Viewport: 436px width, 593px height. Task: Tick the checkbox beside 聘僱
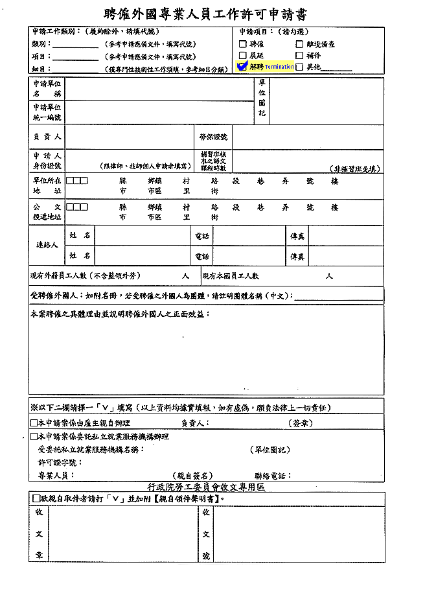pyautogui.click(x=244, y=44)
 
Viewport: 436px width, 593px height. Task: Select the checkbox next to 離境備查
pyautogui.click(x=299, y=44)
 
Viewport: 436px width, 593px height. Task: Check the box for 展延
pyautogui.click(x=244, y=56)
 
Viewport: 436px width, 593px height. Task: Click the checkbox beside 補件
pyautogui.click(x=299, y=56)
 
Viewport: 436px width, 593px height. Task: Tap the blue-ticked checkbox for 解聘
pyautogui.click(x=243, y=66)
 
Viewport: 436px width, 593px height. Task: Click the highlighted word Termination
pyautogui.click(x=279, y=67)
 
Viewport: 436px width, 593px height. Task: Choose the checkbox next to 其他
pyautogui.click(x=299, y=67)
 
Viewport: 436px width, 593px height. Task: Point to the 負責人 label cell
pyautogui.click(x=47, y=137)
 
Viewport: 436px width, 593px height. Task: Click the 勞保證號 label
pyautogui.click(x=213, y=137)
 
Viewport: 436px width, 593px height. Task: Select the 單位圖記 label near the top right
pyautogui.click(x=262, y=97)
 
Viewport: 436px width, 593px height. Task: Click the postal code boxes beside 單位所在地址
pyautogui.click(x=76, y=181)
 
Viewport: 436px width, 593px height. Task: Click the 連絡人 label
pyautogui.click(x=47, y=246)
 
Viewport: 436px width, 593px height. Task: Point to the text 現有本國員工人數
pyautogui.click(x=231, y=276)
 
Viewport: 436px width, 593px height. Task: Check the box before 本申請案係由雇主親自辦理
pyautogui.click(x=34, y=423)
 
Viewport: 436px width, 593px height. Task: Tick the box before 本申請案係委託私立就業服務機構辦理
pyautogui.click(x=34, y=437)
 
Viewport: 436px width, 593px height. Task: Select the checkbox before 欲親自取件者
pyautogui.click(x=36, y=498)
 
